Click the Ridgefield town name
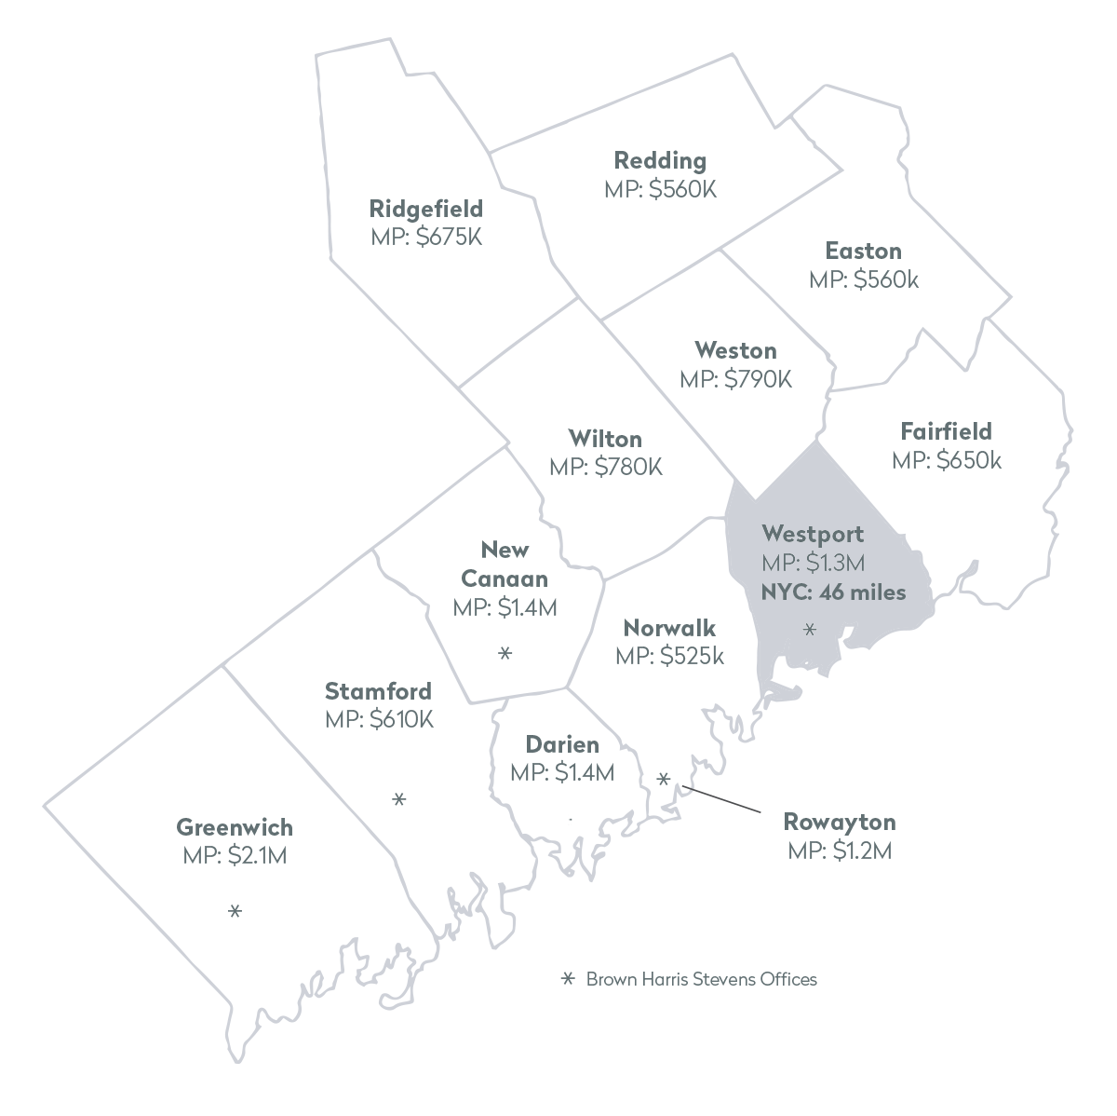(426, 208)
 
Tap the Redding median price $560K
(661, 189)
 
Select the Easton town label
(863, 251)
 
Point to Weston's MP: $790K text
(735, 379)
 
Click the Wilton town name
(605, 438)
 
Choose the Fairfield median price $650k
(947, 460)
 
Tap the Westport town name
(813, 534)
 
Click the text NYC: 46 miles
(833, 592)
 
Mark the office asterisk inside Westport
(810, 630)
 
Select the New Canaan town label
(505, 564)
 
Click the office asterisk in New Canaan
(505, 654)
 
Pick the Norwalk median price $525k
(669, 656)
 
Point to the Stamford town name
(378, 691)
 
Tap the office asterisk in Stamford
(399, 799)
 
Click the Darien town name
(562, 744)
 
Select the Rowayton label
(840, 822)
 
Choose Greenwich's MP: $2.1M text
(235, 855)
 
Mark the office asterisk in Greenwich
(235, 911)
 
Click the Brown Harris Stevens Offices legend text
(701, 979)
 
